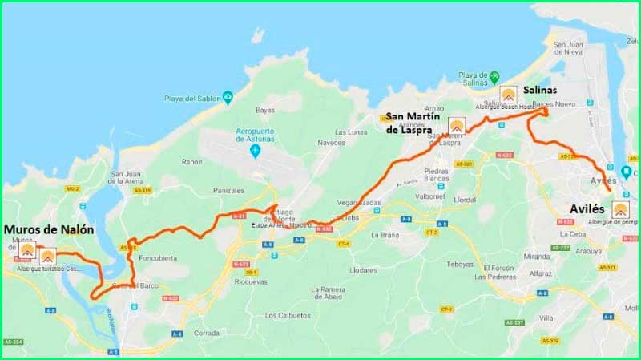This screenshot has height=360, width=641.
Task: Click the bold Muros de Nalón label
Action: tap(49, 229)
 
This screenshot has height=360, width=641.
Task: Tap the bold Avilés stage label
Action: tap(592, 208)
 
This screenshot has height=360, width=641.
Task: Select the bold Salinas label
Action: tap(539, 90)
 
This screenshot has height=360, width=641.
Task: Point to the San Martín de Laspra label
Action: tap(414, 123)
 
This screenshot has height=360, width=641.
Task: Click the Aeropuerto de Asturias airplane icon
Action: tap(256, 152)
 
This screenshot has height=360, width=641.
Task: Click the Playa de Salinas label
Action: tap(474, 80)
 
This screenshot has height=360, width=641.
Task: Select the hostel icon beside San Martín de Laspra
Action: tap(457, 125)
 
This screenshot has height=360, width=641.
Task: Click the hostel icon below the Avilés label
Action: tap(620, 210)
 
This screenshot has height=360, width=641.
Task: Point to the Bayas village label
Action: tap(264, 110)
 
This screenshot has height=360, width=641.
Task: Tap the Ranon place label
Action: tap(192, 161)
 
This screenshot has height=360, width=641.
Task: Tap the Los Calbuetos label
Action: tap(288, 314)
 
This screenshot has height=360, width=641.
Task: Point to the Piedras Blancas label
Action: tap(436, 176)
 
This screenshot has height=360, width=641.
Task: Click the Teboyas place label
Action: tap(460, 264)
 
